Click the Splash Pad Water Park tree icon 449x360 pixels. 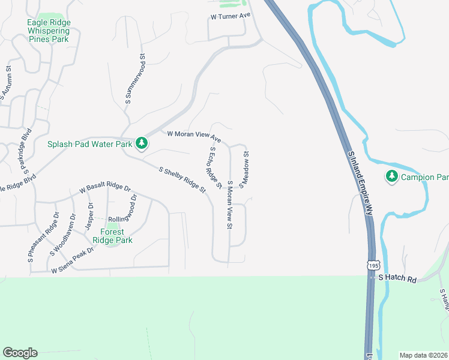coord(142,143)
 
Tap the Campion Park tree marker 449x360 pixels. coord(392,176)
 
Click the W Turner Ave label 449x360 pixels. coord(229,16)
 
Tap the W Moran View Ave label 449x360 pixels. coord(194,136)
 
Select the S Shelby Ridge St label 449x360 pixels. coord(182,179)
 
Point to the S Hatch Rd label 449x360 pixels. coord(397,278)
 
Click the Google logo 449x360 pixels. coord(20,353)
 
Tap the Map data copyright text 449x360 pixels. coord(424,355)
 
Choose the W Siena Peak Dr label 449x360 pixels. coord(73,261)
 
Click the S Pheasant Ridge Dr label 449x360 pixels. coord(43,238)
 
